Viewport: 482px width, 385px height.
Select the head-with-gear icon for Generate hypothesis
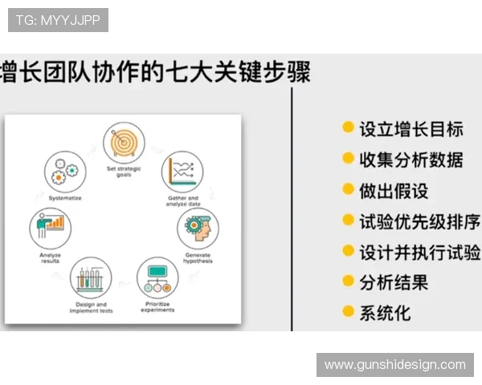tap(198, 228)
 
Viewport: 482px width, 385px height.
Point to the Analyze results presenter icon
tap(50, 228)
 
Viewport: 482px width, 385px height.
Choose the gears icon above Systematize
tap(64, 170)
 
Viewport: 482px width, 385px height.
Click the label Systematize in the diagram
tap(64, 197)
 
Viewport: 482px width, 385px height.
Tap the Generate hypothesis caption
tap(198, 258)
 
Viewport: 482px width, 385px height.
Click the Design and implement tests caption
tap(91, 308)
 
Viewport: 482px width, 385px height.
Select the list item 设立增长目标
tap(411, 128)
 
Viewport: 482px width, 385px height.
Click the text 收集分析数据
tap(411, 159)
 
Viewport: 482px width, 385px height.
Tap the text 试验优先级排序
tap(419, 221)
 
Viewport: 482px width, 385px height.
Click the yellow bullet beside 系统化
tap(348, 311)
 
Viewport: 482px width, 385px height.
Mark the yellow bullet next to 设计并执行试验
tap(348, 251)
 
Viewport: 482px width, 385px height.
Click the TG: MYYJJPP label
tap(58, 20)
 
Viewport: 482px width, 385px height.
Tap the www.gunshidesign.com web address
tap(394, 365)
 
